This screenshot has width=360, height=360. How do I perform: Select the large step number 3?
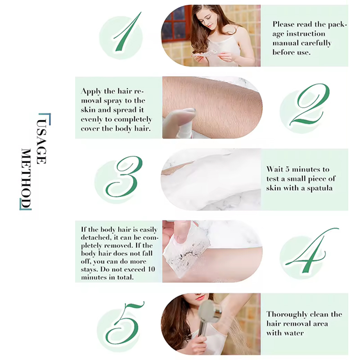[124, 179]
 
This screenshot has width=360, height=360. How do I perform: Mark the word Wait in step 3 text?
[275, 169]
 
